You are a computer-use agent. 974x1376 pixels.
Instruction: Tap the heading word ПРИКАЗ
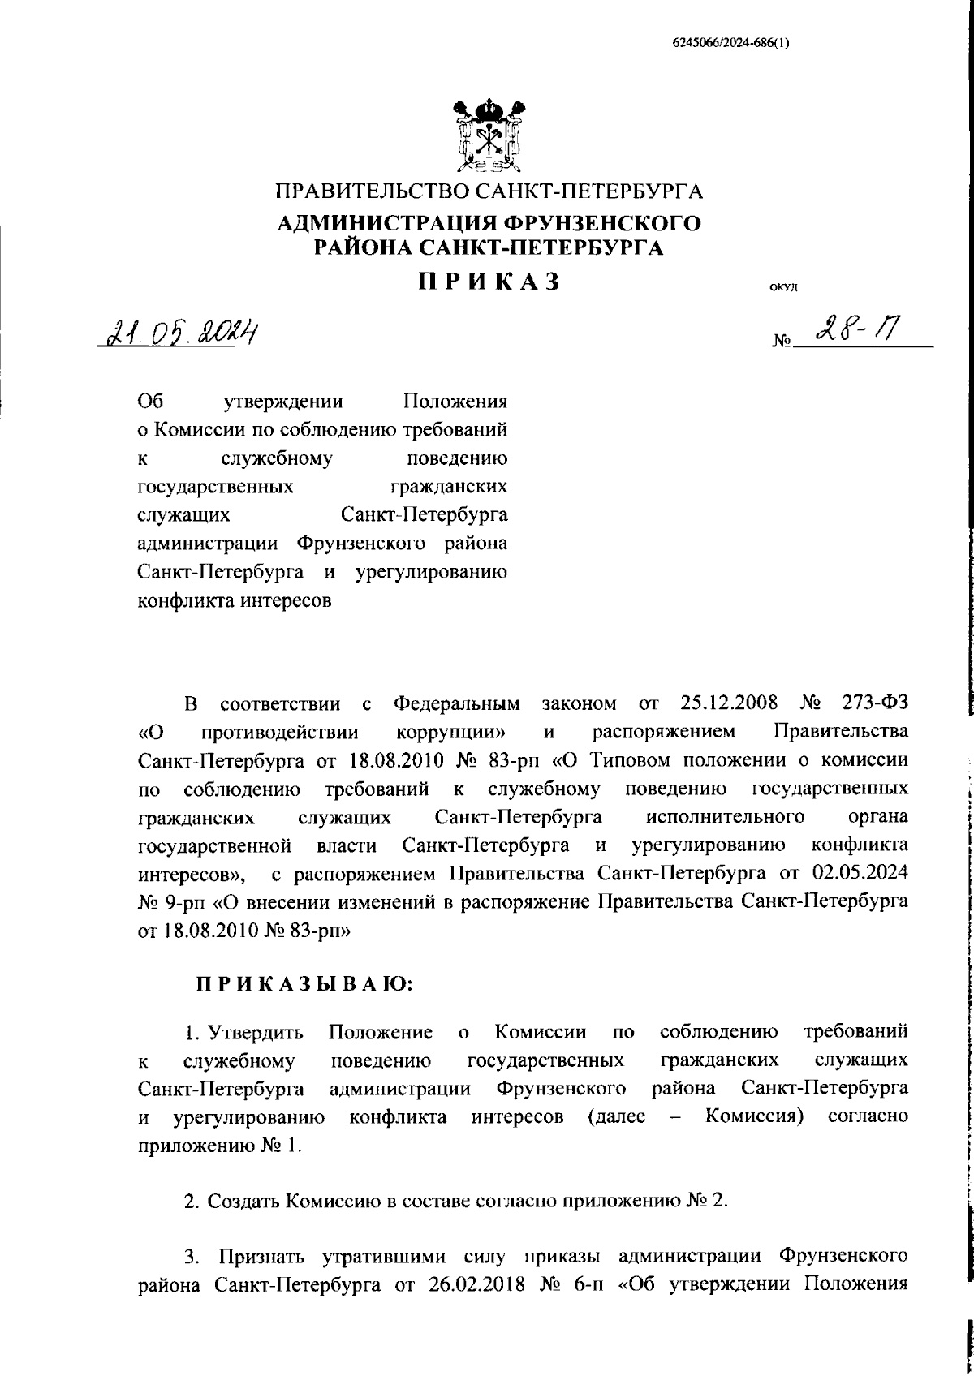[x=489, y=282]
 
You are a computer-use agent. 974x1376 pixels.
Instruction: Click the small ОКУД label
[x=783, y=287]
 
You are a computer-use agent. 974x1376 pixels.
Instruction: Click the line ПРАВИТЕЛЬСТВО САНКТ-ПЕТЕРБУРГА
[x=489, y=192]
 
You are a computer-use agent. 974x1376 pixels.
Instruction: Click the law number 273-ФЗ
[x=872, y=702]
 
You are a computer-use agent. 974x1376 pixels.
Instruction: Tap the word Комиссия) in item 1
[x=755, y=1116]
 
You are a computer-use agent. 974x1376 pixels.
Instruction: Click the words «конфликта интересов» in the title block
[x=235, y=601]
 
